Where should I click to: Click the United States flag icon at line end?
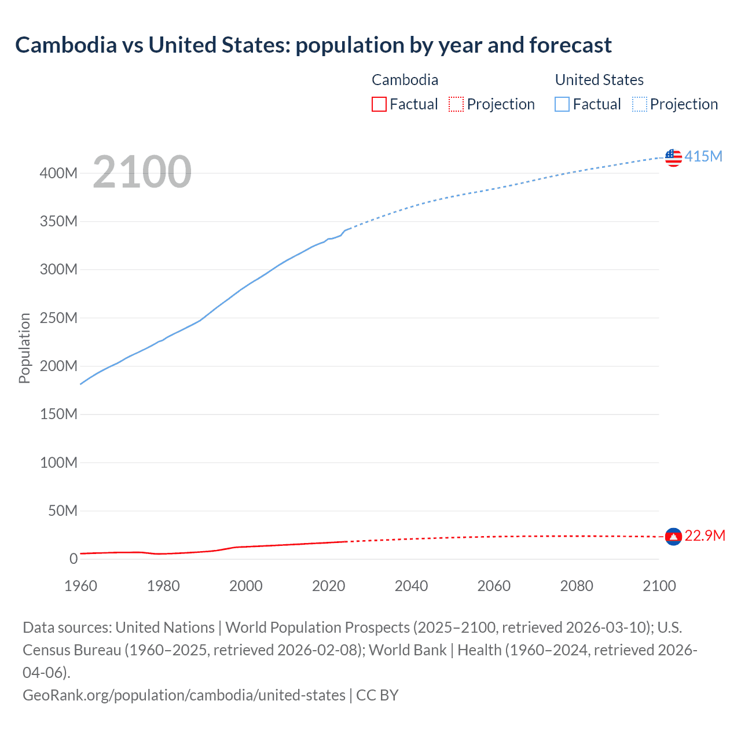click(x=673, y=157)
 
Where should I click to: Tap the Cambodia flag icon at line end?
click(x=673, y=537)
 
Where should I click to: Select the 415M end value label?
click(x=703, y=156)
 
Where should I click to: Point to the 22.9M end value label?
click(x=705, y=535)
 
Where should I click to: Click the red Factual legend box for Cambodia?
click(x=379, y=104)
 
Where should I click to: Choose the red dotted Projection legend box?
click(x=456, y=104)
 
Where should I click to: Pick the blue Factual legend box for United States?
click(x=562, y=104)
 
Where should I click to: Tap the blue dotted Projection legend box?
click(x=640, y=104)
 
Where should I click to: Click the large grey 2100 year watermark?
click(x=142, y=172)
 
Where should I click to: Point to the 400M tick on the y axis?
click(x=58, y=173)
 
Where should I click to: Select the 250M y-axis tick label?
click(x=58, y=318)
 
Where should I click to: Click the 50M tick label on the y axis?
click(x=63, y=511)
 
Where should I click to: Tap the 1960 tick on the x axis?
click(x=80, y=586)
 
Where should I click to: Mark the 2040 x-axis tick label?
click(x=411, y=586)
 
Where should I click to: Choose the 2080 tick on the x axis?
click(x=577, y=586)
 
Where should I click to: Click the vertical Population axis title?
click(x=24, y=348)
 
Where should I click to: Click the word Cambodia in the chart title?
click(x=66, y=45)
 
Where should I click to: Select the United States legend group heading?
click(x=599, y=80)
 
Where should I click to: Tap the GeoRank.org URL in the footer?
click(x=184, y=695)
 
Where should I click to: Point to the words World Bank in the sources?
click(x=408, y=650)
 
